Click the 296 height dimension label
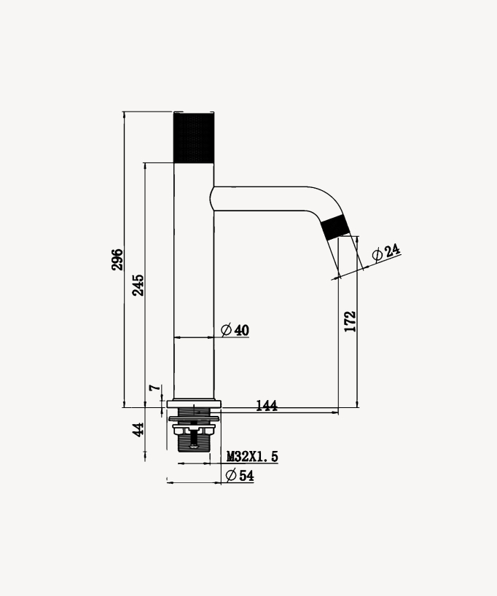117,259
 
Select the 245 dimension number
138,284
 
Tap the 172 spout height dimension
350,321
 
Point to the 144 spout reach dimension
267,406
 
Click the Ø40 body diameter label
235,330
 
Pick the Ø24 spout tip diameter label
386,253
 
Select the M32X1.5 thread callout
252,457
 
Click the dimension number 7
154,388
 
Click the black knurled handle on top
194,138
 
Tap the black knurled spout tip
335,227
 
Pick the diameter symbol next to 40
226,330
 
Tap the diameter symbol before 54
230,476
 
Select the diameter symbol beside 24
377,256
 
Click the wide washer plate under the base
194,419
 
